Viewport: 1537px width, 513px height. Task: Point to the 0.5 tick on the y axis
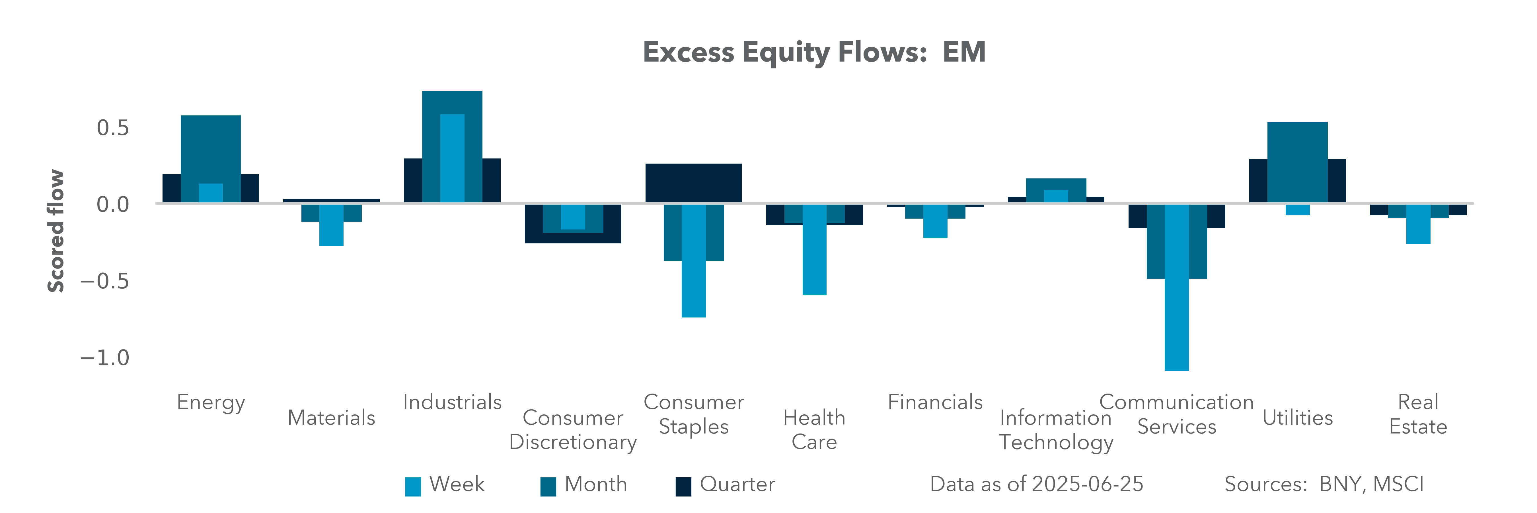(x=113, y=128)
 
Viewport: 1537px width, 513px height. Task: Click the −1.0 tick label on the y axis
(x=105, y=358)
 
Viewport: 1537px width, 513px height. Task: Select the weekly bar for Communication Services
(x=1177, y=287)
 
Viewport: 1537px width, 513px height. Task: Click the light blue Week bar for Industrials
(x=452, y=158)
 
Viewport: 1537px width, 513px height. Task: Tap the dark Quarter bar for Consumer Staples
(x=693, y=183)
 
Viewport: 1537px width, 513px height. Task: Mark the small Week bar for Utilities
(x=1298, y=210)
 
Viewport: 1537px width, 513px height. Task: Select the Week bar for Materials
(x=331, y=225)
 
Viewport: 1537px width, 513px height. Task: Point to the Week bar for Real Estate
(x=1418, y=224)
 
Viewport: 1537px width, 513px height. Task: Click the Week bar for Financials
(x=935, y=221)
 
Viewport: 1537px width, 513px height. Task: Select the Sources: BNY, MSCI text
(x=1324, y=484)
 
